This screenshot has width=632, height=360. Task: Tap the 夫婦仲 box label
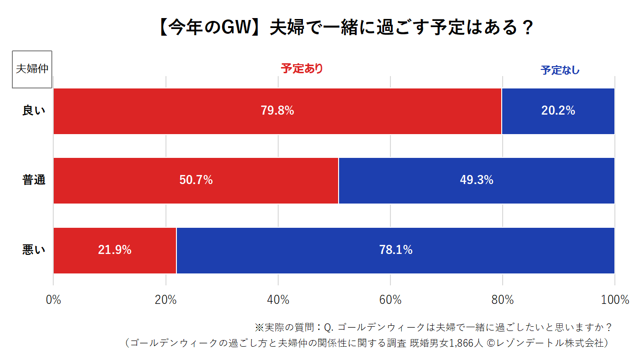[32, 69]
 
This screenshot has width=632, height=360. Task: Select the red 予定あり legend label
[302, 68]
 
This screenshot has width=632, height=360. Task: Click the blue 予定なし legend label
[560, 70]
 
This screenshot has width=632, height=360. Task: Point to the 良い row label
[34, 111]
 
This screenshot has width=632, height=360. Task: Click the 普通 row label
[34, 180]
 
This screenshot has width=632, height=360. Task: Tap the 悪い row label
[34, 250]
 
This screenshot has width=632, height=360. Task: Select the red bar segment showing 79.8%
[277, 111]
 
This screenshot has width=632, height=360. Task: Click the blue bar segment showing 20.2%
[558, 111]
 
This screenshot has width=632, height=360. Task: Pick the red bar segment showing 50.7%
[195, 180]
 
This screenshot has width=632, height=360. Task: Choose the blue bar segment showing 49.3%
[476, 180]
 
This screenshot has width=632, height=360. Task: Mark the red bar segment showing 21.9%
[115, 250]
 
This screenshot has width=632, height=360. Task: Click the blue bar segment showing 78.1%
[395, 250]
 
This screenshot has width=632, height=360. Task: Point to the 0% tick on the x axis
[53, 300]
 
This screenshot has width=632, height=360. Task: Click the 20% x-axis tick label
[165, 300]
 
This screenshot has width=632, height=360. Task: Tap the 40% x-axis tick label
[278, 300]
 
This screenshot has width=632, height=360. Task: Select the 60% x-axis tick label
[390, 300]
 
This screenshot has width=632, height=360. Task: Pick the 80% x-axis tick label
[503, 300]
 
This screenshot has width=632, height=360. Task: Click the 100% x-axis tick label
[615, 300]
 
